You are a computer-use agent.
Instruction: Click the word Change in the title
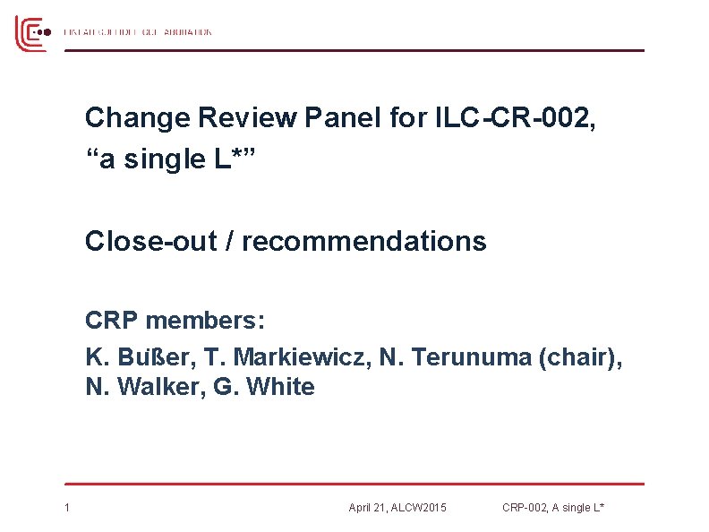138,117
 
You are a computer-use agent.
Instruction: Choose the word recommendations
363,241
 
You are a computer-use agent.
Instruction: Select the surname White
280,387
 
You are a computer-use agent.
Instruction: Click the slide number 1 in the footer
67,509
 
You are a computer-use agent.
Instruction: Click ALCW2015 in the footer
419,509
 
